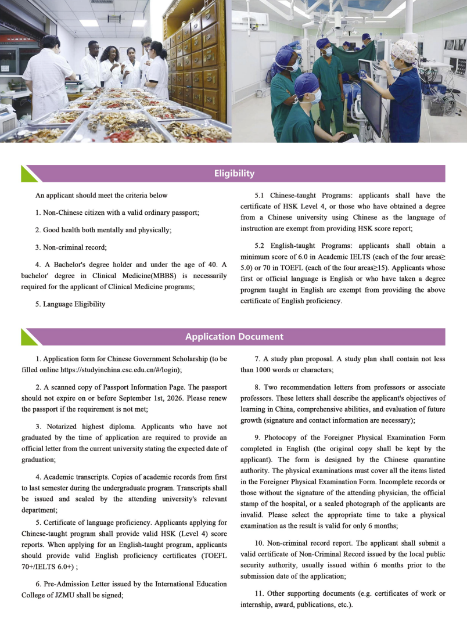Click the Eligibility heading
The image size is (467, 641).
pos(233,174)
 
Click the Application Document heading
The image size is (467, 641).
pos(234,337)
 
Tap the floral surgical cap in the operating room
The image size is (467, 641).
pos(404,52)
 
